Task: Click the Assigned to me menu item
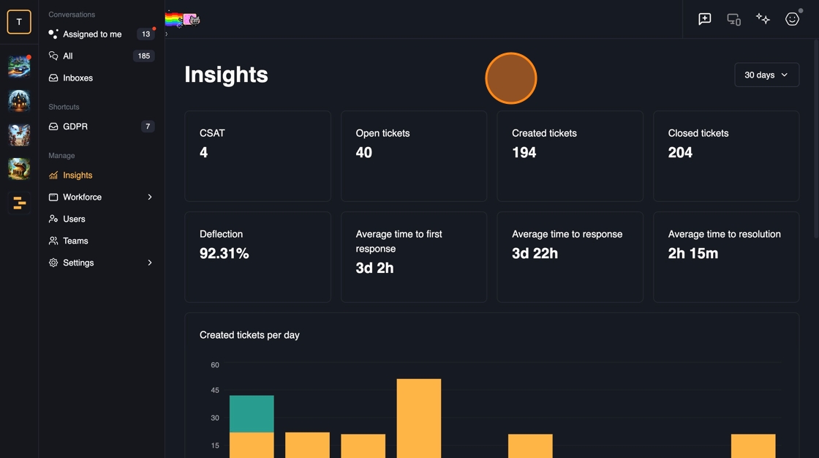92,34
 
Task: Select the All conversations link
68,56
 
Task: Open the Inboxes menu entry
78,78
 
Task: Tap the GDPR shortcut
75,127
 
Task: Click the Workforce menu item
82,198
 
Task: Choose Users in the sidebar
74,219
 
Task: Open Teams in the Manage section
75,241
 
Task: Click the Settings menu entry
78,263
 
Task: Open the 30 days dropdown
766,75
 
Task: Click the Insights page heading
226,75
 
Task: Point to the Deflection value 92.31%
224,254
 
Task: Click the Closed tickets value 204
680,153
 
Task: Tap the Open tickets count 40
364,153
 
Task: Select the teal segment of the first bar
252,414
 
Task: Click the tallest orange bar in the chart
419,418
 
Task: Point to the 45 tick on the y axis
215,391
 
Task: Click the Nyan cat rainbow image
183,20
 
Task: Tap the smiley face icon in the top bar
792,19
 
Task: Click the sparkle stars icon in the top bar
763,19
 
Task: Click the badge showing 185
144,56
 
